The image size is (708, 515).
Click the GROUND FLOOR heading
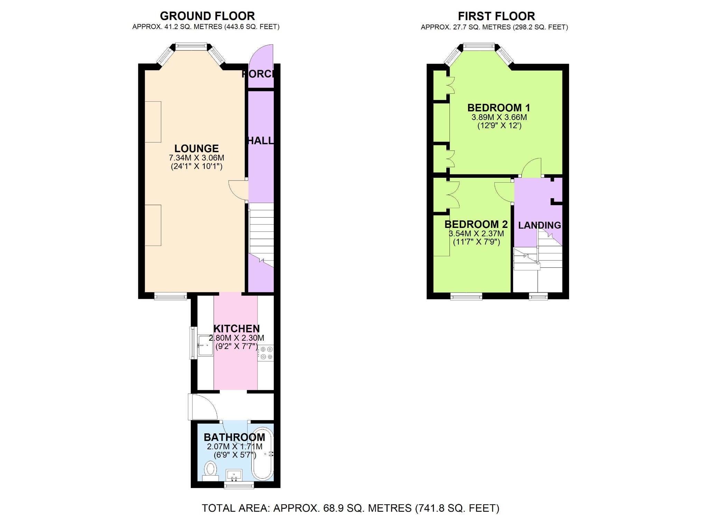(x=207, y=16)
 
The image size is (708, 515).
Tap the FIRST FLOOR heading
(x=496, y=16)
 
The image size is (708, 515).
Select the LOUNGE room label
(x=196, y=148)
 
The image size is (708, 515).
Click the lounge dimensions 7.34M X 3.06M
(x=196, y=158)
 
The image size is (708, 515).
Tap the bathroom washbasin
(x=234, y=475)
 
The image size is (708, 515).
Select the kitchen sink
(x=205, y=345)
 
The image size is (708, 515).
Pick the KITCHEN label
(x=236, y=329)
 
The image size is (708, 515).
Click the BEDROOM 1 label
(x=499, y=108)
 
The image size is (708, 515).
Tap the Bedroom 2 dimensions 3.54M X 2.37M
(x=476, y=234)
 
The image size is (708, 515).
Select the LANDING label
(x=539, y=225)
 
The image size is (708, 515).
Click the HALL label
(x=261, y=140)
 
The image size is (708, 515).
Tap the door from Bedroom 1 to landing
(x=531, y=168)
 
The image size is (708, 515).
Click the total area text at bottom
(x=350, y=508)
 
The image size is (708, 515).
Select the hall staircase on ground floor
(x=261, y=232)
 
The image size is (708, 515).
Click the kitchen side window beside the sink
(x=192, y=343)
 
